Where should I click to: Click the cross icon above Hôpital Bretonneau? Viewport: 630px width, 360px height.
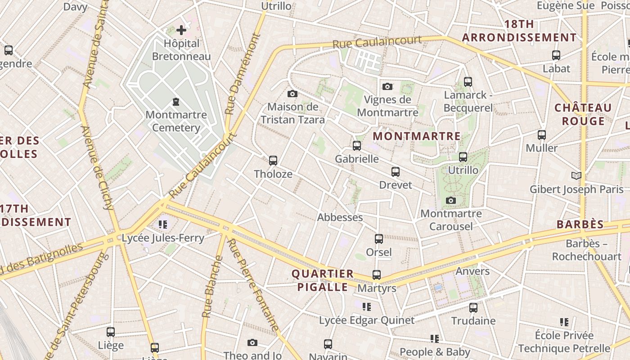click(x=181, y=30)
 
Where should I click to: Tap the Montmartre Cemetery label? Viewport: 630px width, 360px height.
click(x=176, y=121)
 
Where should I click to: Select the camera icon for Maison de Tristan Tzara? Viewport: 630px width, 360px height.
click(x=292, y=94)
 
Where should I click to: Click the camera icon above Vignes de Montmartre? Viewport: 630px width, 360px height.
click(x=387, y=86)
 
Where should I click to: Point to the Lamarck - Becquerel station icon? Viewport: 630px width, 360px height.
click(x=468, y=82)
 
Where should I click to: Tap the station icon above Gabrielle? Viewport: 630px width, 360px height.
click(x=357, y=146)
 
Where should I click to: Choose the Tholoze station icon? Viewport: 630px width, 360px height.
click(x=273, y=161)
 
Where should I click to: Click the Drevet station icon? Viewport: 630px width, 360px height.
click(x=396, y=172)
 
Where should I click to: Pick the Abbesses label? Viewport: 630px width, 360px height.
click(x=340, y=217)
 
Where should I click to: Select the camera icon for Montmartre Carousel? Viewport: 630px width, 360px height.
click(x=451, y=200)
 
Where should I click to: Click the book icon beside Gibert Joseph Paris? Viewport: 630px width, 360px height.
click(x=576, y=175)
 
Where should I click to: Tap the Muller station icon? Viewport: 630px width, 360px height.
click(x=542, y=135)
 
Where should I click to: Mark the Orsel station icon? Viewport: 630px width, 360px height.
click(x=379, y=239)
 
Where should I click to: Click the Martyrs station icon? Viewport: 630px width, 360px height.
click(x=377, y=274)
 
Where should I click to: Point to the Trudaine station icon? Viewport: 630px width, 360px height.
click(x=473, y=308)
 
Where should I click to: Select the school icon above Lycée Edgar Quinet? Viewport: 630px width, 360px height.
click(x=367, y=307)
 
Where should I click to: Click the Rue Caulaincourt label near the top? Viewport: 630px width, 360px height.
click(x=377, y=42)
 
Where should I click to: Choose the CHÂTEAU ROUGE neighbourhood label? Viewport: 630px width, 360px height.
click(x=583, y=114)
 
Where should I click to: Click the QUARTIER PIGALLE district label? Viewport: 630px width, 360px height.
click(x=322, y=280)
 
